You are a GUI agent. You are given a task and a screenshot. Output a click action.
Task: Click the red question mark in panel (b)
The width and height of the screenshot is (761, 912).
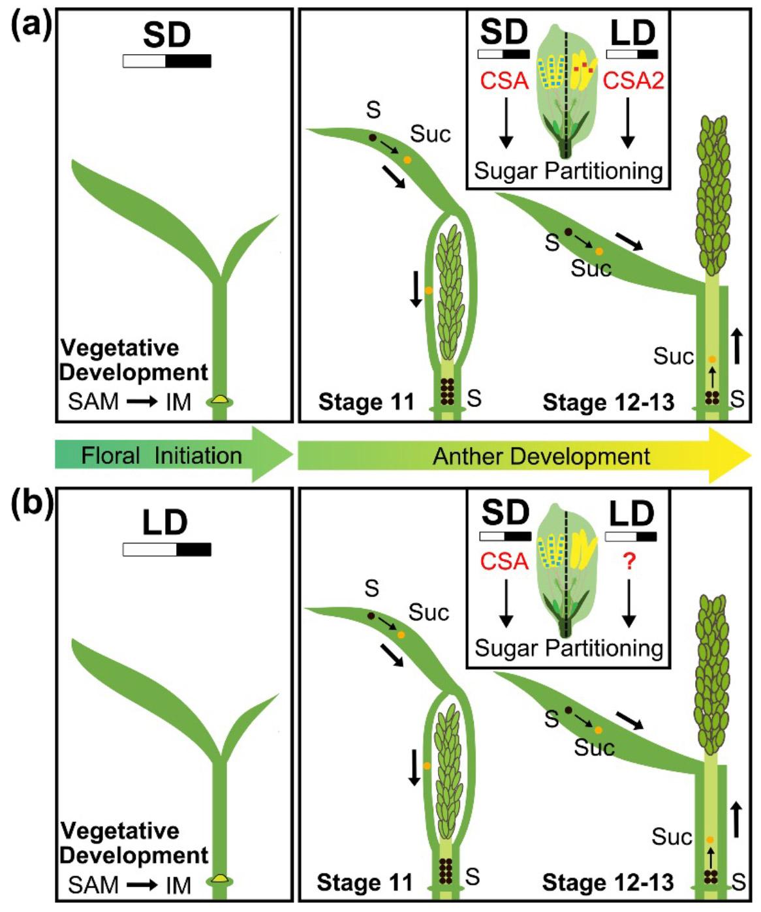629,562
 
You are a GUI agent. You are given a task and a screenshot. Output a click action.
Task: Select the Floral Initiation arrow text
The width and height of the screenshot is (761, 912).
161,455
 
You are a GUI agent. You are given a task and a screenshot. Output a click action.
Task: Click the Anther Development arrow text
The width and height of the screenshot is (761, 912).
542,456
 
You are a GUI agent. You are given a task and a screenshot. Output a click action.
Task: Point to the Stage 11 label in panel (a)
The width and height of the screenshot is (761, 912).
366,402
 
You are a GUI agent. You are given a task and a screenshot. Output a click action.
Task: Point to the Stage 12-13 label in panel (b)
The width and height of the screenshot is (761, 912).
608,883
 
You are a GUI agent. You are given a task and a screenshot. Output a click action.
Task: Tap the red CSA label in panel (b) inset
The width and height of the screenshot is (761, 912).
505,562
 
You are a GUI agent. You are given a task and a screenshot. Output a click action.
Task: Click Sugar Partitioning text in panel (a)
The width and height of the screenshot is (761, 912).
568,171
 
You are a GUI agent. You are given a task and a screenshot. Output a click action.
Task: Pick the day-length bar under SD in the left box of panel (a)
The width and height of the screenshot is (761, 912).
167,61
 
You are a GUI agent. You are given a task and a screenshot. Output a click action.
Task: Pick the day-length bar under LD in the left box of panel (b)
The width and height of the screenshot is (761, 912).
167,549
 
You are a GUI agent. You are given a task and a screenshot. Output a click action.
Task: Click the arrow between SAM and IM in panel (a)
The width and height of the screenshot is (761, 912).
142,402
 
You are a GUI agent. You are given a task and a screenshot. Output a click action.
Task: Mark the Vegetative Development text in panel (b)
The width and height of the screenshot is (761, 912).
134,843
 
